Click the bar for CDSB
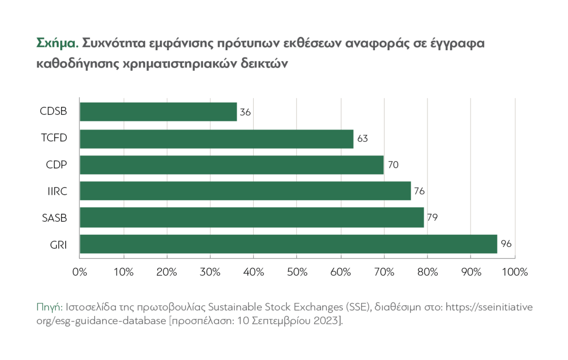[158, 112]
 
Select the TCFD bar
[216, 139]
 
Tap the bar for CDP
[231, 165]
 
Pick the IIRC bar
[245, 191]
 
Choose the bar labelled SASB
[251, 218]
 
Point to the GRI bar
[288, 244]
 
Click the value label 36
[245, 113]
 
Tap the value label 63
[363, 139]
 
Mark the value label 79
[432, 218]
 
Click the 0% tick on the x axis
[80, 272]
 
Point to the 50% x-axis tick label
[297, 272]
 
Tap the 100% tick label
[515, 272]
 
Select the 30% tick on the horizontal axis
[210, 272]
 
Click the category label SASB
[54, 218]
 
